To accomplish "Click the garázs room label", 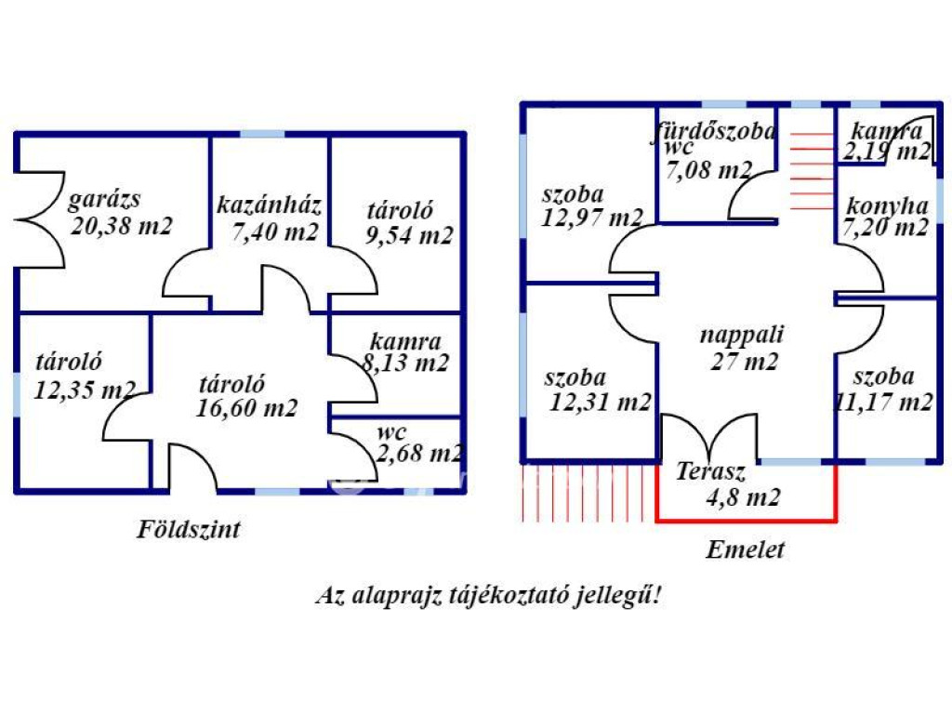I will (x=102, y=199).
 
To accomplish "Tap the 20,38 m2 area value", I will (x=122, y=225).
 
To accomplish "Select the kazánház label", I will (x=270, y=205).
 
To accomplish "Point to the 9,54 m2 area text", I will (x=409, y=235).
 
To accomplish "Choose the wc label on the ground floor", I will (x=392, y=432).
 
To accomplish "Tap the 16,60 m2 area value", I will (x=246, y=406).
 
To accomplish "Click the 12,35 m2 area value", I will (x=85, y=389).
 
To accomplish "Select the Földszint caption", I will (x=189, y=530).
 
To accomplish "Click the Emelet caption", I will (x=745, y=549).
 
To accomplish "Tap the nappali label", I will (x=742, y=335).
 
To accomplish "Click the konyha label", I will (x=885, y=205).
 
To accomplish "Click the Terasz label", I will (x=712, y=470).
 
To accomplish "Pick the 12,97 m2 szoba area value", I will (x=592, y=218).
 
